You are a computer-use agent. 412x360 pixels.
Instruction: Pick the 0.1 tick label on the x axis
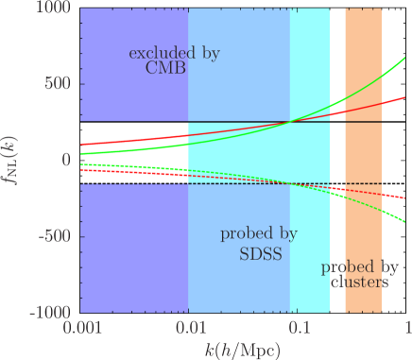(x=300, y=326)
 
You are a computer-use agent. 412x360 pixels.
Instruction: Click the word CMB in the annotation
(x=174, y=70)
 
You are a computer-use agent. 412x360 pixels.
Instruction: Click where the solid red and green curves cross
(x=295, y=121)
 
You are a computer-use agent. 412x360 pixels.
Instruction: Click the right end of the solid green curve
(x=407, y=59)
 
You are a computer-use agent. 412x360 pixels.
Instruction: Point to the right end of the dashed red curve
(x=407, y=198)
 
